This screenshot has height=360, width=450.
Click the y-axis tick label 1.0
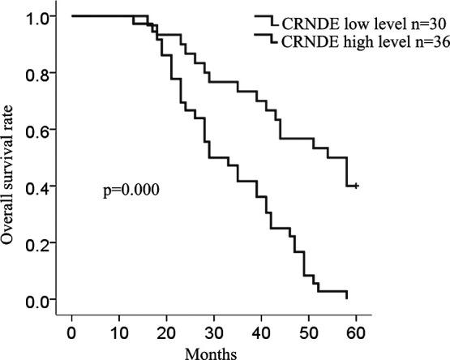click(40, 16)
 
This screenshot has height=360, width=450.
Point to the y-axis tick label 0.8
click(40, 73)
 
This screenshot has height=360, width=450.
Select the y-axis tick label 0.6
click(40, 130)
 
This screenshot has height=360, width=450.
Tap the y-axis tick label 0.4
click(40, 186)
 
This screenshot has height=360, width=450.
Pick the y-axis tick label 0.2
click(40, 243)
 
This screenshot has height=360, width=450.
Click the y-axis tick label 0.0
click(40, 300)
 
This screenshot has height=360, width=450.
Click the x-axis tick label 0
click(72, 333)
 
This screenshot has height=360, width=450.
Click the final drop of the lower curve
click(347, 295)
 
